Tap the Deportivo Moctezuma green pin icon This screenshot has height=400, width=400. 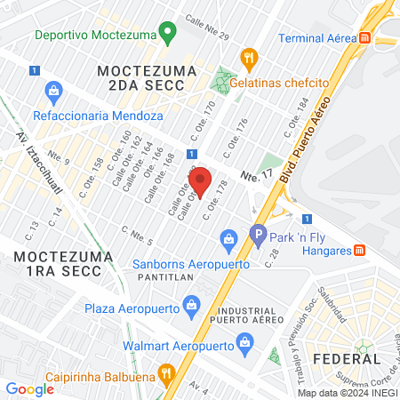tap(165, 36)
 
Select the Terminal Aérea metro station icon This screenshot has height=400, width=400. tap(364, 37)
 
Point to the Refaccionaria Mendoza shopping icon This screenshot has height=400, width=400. tap(55, 92)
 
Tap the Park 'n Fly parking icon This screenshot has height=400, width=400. tap(258, 237)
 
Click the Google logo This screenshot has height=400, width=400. tap(30, 388)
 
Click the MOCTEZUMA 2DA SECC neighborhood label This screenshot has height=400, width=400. tap(141, 76)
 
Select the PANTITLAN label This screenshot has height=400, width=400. tap(160, 277)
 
